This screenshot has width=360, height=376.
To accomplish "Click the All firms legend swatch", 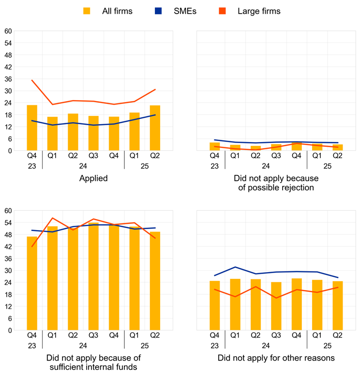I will (x=87, y=11).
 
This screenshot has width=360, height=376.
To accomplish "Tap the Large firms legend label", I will (x=259, y=11).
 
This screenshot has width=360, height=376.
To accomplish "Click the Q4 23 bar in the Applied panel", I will (x=32, y=128).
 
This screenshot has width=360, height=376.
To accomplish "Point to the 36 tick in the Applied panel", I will (x=8, y=79).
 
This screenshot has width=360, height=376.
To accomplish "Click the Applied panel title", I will (x=93, y=178).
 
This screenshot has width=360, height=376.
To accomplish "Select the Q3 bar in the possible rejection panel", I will (x=276, y=147).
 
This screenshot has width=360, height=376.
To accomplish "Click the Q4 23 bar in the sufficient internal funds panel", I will (x=32, y=283).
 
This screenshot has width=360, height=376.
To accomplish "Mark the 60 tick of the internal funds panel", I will (x=8, y=211).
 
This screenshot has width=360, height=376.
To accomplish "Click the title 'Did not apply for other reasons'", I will (x=276, y=358).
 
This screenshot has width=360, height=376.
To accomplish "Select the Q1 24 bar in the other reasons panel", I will (x=235, y=304).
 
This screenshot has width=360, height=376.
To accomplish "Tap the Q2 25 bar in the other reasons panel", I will (x=338, y=305).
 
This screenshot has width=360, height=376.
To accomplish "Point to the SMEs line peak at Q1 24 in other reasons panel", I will (x=235, y=267).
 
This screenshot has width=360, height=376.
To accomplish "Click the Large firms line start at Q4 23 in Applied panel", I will (x=32, y=80).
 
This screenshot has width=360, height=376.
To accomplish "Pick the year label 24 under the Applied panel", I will (x=83, y=166).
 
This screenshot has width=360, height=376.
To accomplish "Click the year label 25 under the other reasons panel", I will (x=328, y=346).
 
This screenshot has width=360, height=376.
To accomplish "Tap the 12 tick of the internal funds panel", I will (x=8, y=306).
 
